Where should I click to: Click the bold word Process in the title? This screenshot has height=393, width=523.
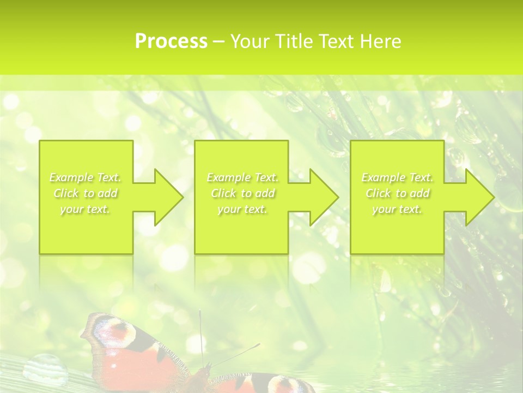[x=171, y=41]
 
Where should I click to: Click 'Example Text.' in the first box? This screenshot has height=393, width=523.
[x=86, y=177]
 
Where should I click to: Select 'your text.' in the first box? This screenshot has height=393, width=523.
[x=86, y=209]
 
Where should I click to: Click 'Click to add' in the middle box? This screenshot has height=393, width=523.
[x=242, y=193]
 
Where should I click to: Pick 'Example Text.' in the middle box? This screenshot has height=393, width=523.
[x=242, y=177]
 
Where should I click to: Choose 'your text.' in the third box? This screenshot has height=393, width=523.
[x=397, y=209]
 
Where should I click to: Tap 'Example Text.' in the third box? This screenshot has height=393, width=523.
[x=397, y=177]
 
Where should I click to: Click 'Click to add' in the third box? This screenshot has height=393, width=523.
[x=397, y=193]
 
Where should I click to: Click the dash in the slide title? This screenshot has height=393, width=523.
[x=219, y=41]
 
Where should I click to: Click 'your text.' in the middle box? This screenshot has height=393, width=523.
[x=242, y=209]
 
